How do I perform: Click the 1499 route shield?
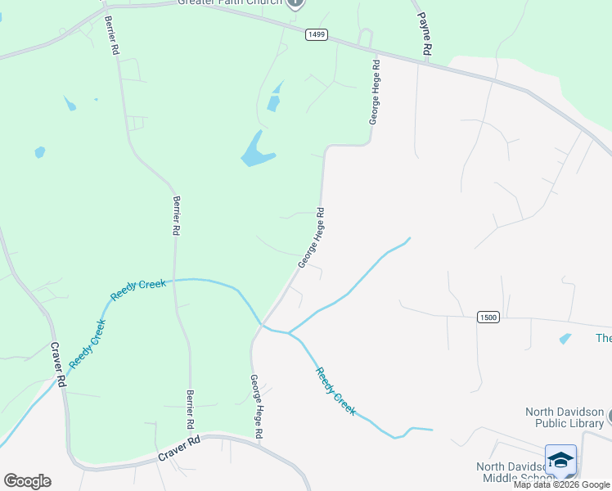317,34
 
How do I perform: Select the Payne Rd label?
425,34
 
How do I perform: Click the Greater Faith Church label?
230,2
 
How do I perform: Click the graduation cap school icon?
560,460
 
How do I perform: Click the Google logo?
27,481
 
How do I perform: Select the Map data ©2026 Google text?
561,484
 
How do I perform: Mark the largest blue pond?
258,151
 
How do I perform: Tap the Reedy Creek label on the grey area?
335,391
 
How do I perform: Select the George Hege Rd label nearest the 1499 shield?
375,92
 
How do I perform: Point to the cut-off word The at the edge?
603,339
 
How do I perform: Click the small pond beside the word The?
565,338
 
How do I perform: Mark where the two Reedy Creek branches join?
289,333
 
